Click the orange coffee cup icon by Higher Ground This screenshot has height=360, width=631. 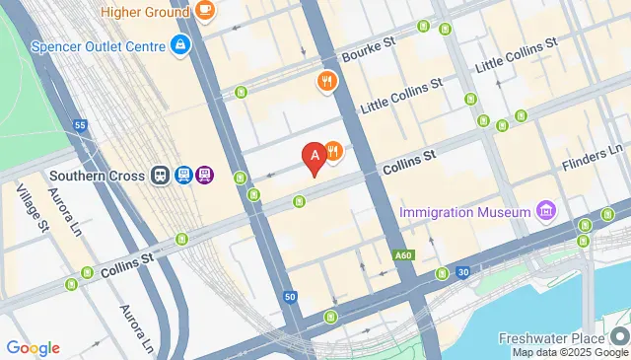pyautogui.click(x=205, y=10)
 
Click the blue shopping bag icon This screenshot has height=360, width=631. pyautogui.click(x=180, y=45)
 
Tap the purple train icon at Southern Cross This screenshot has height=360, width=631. pyautogui.click(x=204, y=176)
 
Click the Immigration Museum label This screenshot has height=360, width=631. pyautogui.click(x=466, y=213)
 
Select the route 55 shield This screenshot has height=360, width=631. pyautogui.click(x=81, y=125)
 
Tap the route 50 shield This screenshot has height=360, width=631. pyautogui.click(x=290, y=296)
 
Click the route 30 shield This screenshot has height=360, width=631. pyautogui.click(x=462, y=271)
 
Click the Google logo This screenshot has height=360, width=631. pyautogui.click(x=33, y=347)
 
